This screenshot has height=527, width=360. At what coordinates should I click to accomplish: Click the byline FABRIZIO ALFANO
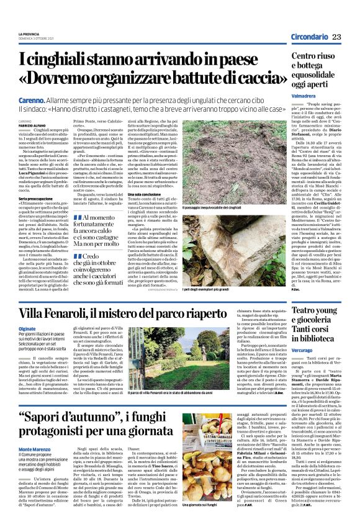click(32, 125)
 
